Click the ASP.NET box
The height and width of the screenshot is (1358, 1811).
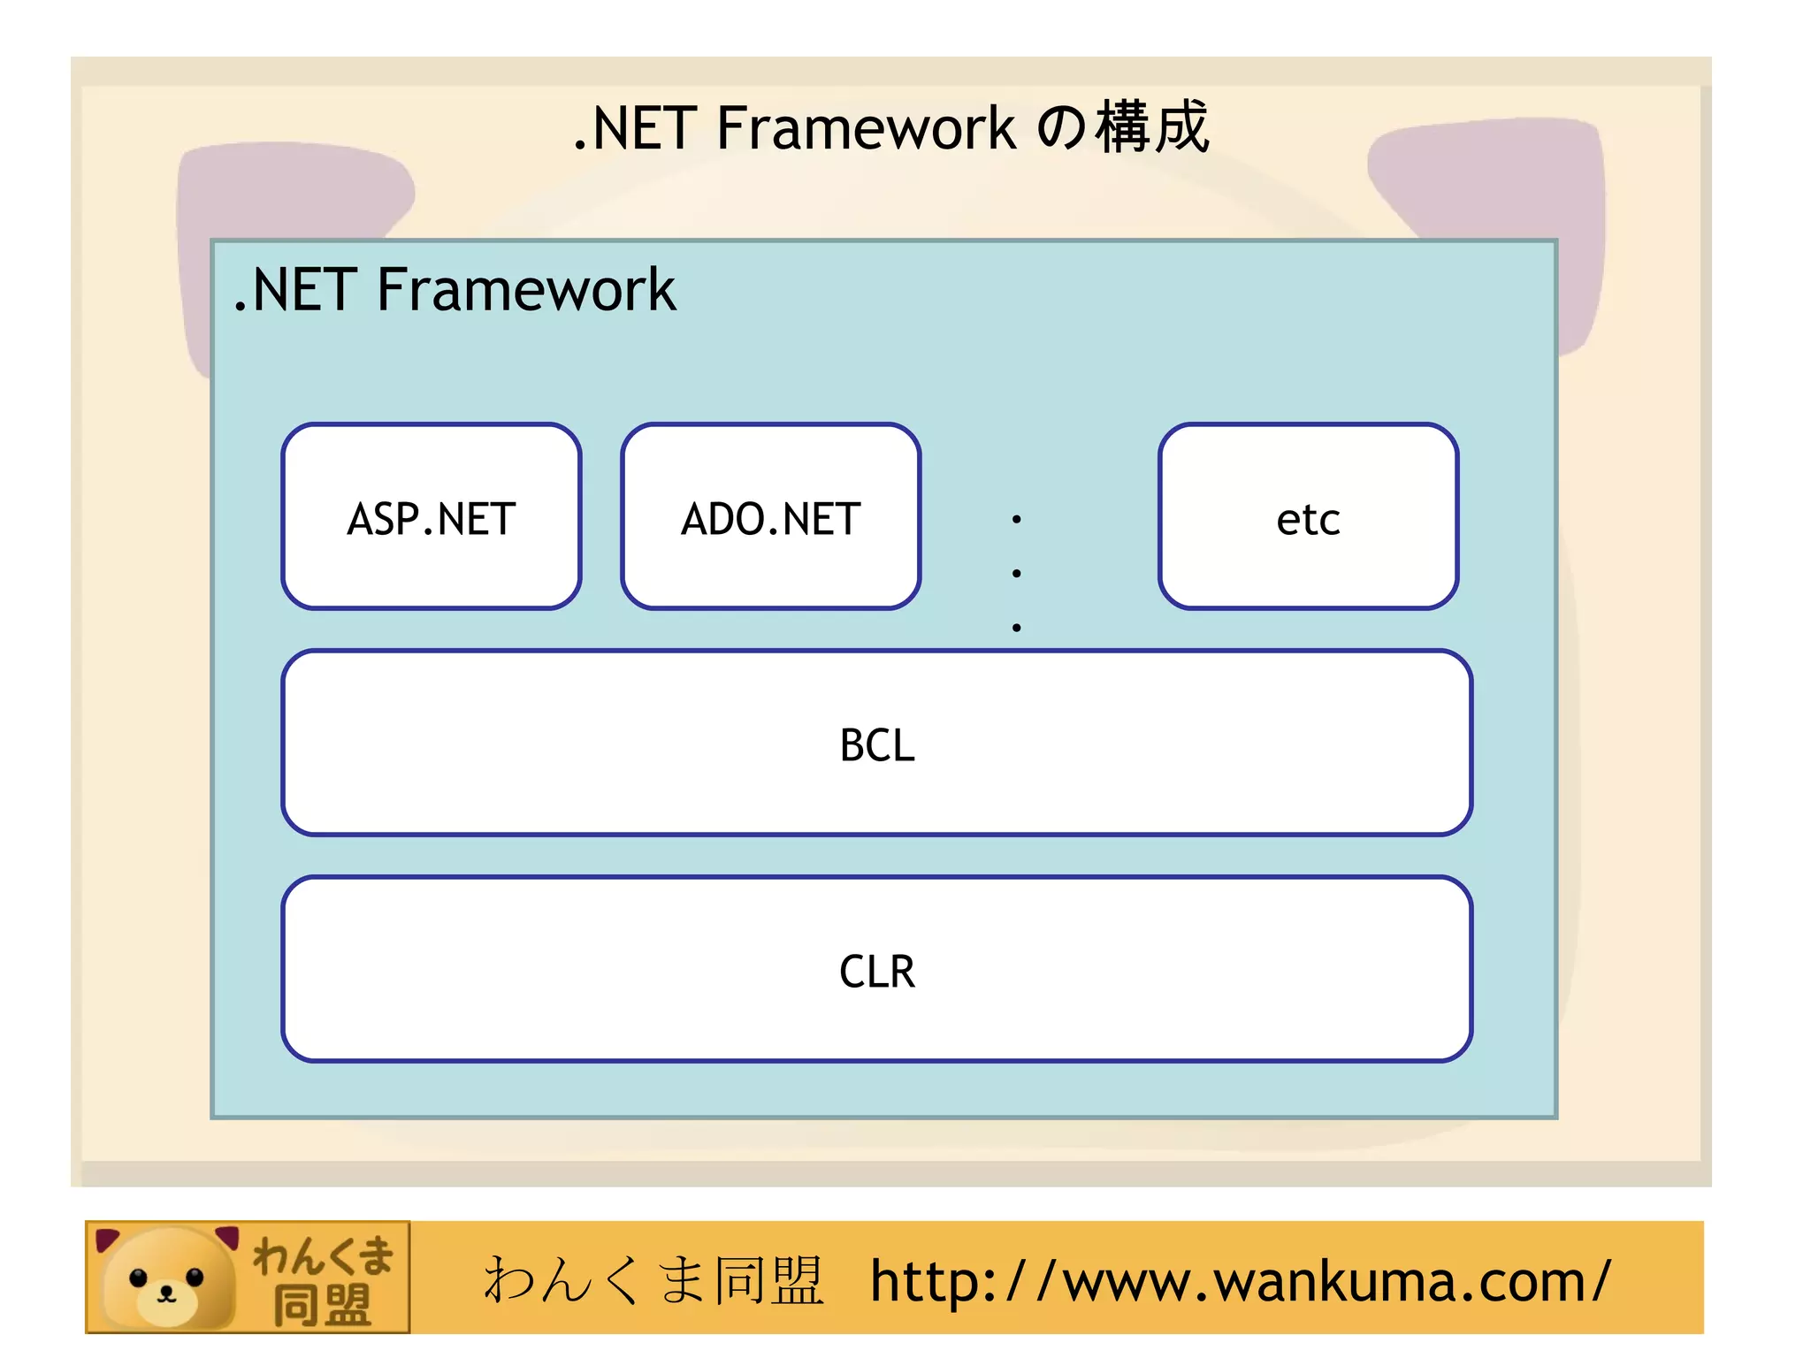(432, 517)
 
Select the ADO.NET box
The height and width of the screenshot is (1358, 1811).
(771, 517)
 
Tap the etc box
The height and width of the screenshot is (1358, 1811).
(1308, 517)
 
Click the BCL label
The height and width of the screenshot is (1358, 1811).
(876, 744)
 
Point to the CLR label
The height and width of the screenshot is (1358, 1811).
(876, 971)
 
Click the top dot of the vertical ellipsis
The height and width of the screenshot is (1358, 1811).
(1017, 519)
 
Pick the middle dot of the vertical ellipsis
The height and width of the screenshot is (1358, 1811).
(1017, 574)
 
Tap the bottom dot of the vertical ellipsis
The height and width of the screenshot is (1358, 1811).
(1017, 628)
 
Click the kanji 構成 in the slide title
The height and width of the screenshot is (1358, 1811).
(1151, 127)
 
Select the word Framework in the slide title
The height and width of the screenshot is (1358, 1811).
(865, 129)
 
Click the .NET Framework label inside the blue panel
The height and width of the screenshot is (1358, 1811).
(455, 290)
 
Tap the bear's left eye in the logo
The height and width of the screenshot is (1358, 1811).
(138, 1278)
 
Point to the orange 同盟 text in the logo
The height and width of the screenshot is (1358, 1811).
(322, 1305)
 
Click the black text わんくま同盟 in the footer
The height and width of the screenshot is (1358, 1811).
(653, 1281)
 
